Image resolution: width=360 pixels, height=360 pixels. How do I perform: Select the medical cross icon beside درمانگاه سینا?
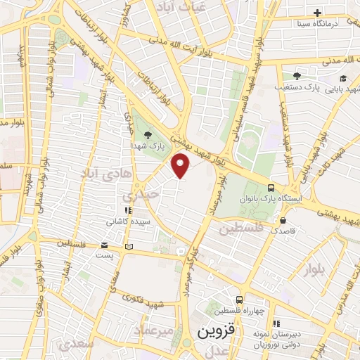(x=317, y=13)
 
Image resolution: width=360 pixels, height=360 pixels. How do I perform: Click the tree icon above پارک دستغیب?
(x=296, y=76)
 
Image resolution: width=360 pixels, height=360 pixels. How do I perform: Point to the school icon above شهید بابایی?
(x=343, y=78)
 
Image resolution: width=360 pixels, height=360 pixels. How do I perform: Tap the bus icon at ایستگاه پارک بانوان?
(x=271, y=187)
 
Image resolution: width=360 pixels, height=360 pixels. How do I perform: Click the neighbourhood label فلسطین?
(x=240, y=229)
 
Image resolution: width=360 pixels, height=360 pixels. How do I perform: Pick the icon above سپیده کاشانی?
(x=127, y=210)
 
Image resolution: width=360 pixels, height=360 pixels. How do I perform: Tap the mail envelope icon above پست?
(x=105, y=246)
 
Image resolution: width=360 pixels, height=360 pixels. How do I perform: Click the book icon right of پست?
(x=128, y=246)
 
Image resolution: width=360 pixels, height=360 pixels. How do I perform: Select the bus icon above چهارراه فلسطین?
(x=240, y=299)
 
